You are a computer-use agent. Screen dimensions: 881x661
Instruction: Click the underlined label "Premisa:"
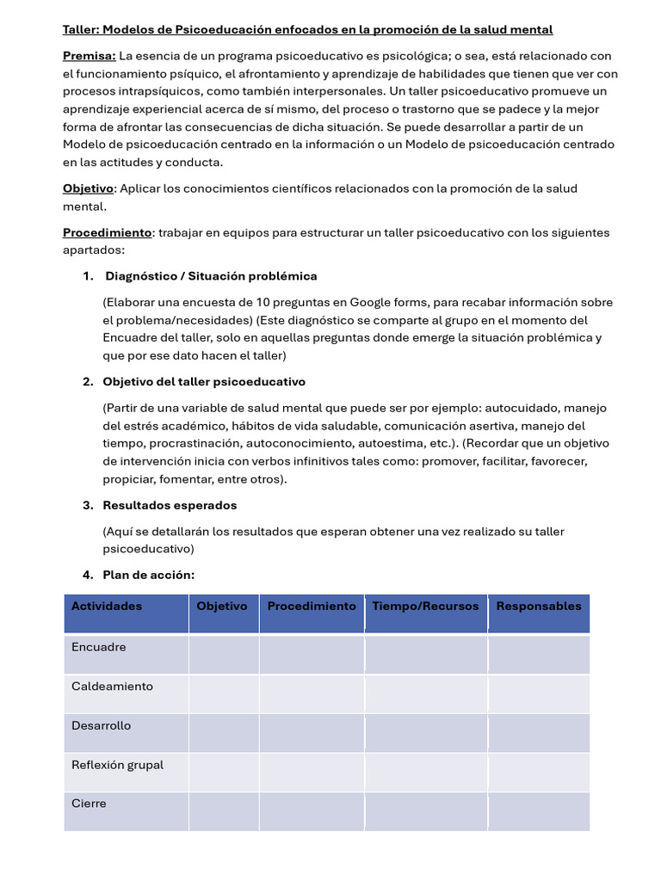(90, 56)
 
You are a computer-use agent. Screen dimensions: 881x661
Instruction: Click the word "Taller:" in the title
(82, 29)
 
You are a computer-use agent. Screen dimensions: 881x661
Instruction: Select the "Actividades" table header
(107, 606)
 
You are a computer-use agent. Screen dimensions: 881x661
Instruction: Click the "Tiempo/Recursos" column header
(425, 606)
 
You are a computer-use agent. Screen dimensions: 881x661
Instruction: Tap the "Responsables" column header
(539, 606)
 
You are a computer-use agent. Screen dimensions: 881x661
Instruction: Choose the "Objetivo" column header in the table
(222, 606)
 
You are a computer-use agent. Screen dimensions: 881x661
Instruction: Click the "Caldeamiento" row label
(112, 687)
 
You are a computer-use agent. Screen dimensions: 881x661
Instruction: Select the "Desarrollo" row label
(102, 725)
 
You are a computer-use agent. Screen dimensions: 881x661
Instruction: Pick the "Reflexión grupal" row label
(117, 765)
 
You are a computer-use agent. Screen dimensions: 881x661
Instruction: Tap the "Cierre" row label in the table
(89, 804)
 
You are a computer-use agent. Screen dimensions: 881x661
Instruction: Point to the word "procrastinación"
(195, 443)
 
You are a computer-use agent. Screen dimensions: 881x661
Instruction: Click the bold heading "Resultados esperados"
(170, 505)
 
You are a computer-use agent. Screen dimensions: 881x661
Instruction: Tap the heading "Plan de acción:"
(148, 575)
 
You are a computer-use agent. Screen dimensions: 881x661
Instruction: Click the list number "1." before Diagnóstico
(88, 276)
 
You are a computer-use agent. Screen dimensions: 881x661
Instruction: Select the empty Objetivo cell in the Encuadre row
(224, 654)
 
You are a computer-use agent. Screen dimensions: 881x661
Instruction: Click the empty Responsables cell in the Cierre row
(539, 811)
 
